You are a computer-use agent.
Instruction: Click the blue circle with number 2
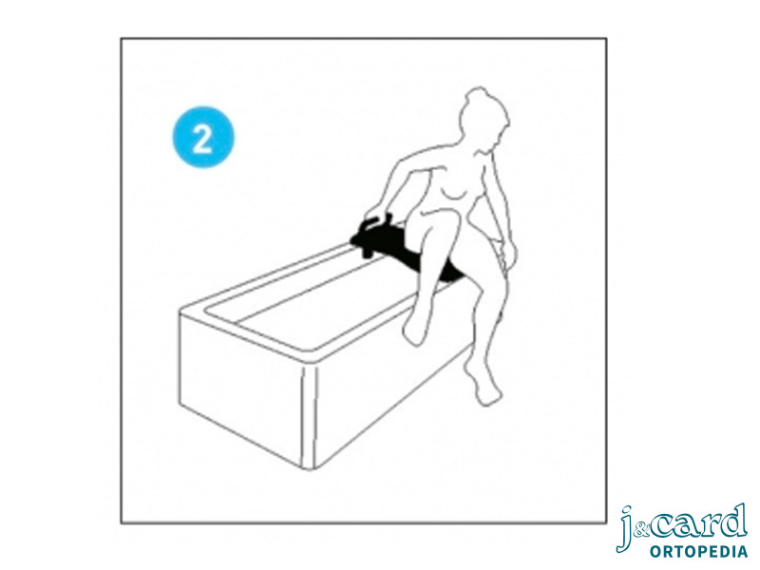(203, 137)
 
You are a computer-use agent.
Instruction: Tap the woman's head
(482, 118)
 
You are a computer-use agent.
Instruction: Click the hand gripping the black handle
(376, 213)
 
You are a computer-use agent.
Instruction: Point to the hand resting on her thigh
(506, 254)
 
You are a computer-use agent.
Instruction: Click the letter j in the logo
(627, 528)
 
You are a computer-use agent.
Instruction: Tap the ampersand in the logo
(640, 531)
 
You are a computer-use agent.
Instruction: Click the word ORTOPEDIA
(698, 552)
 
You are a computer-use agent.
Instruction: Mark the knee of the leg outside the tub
(484, 290)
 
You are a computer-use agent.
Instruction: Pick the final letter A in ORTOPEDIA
(742, 552)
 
